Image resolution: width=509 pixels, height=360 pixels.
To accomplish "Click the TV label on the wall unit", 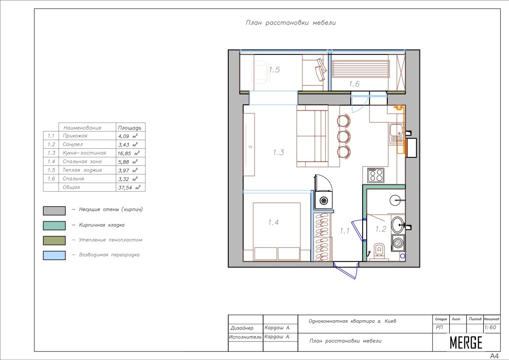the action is (x=250, y=147).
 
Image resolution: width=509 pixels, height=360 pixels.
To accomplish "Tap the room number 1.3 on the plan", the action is (x=278, y=152).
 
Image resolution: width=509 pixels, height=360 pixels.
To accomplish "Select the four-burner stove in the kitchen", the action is (x=376, y=175).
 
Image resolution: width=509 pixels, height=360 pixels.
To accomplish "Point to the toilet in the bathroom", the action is (x=379, y=251).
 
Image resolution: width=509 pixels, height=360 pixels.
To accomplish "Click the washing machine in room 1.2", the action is (x=398, y=243).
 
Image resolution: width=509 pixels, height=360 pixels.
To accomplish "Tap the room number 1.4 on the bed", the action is (x=273, y=222).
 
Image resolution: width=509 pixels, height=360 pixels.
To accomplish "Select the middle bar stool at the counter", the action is (x=344, y=136).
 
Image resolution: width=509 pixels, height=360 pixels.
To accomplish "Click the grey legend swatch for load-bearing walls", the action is (x=54, y=211).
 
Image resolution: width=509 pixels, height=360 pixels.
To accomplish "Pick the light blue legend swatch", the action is (x=54, y=255).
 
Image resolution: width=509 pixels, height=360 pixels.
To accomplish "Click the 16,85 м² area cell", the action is (x=128, y=153).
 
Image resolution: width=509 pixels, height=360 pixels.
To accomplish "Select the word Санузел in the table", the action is (x=73, y=145).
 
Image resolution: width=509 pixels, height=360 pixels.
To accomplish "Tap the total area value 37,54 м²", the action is (x=129, y=187).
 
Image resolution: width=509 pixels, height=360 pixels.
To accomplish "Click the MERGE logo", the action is (x=466, y=343).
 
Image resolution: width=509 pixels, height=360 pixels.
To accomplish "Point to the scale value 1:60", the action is (x=490, y=327).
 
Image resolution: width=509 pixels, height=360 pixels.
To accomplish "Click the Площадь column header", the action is (x=129, y=128).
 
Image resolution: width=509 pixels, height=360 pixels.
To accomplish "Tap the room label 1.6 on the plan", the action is (x=354, y=84).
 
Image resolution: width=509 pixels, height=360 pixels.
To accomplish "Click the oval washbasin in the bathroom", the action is (x=397, y=225).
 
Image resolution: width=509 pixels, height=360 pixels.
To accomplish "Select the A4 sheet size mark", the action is (x=495, y=356).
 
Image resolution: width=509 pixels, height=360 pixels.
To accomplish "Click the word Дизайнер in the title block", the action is (x=242, y=328).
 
